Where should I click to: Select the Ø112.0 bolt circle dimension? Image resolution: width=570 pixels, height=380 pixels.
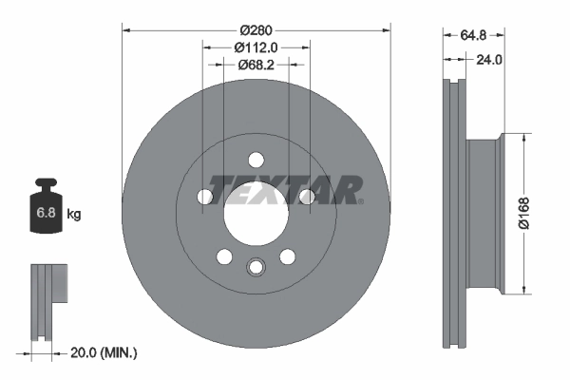point(256,45)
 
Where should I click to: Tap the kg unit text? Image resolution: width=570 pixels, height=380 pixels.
point(74,215)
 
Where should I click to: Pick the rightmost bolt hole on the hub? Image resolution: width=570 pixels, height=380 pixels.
point(306,197)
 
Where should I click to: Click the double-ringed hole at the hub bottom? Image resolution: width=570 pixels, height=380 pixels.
point(256,267)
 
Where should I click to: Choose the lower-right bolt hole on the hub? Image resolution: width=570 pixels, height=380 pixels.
point(287,256)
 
